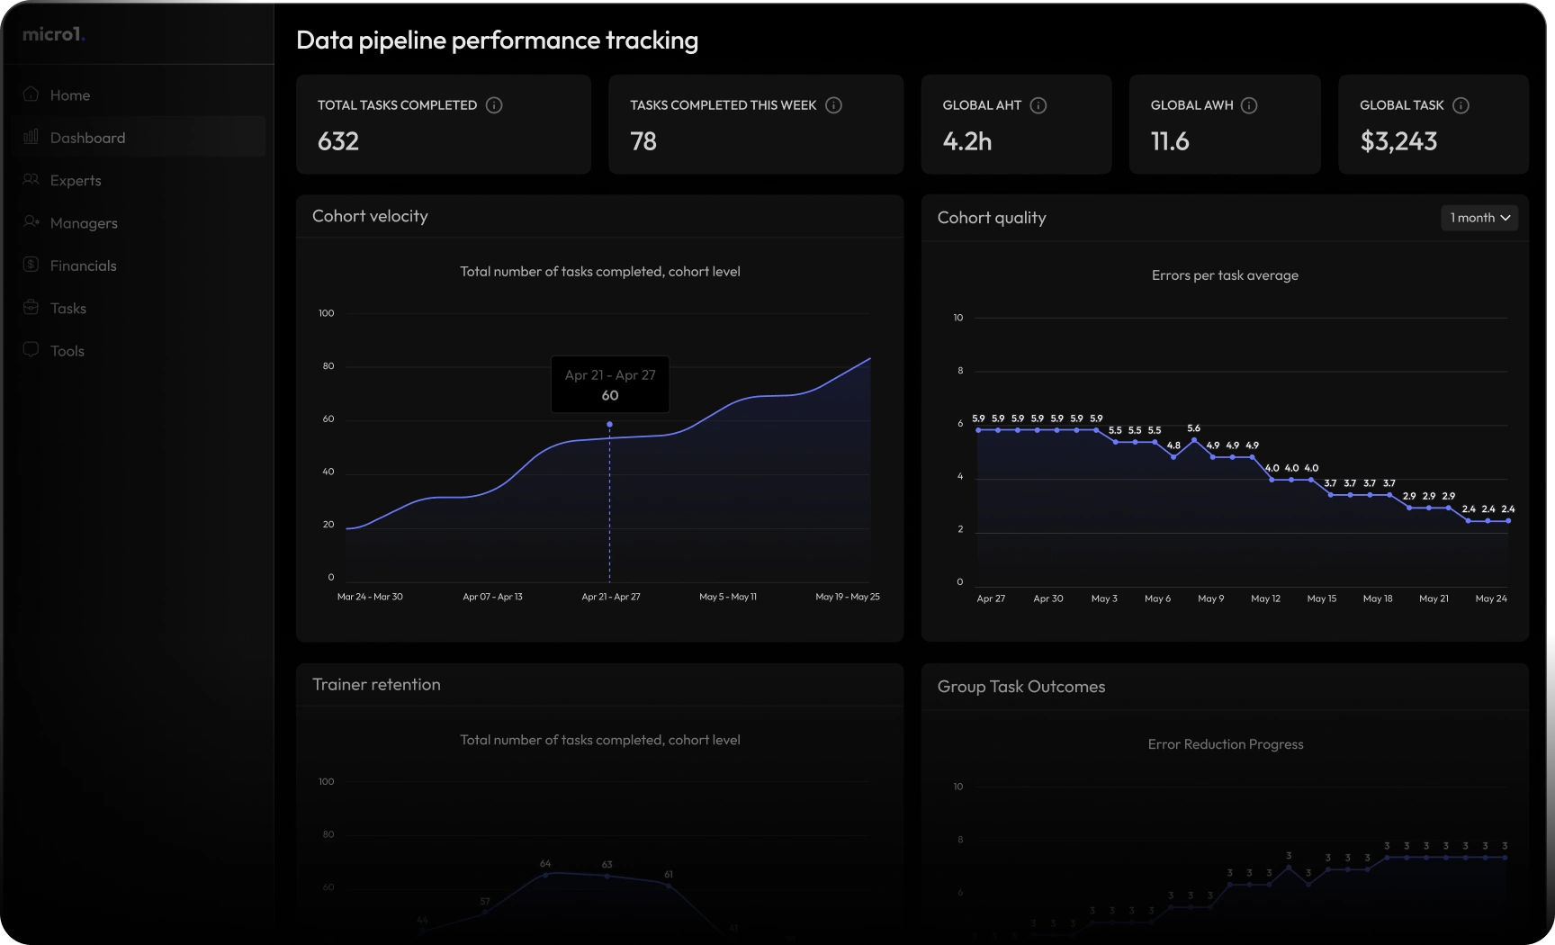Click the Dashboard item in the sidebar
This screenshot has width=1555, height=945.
click(x=87, y=138)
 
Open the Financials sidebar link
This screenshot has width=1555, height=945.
click(x=83, y=265)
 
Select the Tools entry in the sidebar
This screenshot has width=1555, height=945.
click(x=67, y=351)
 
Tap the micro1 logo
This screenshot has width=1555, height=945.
click(x=53, y=34)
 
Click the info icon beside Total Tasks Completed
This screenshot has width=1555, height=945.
click(x=494, y=105)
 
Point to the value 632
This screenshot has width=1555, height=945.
click(x=338, y=141)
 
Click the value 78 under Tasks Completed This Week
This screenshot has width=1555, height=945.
click(x=643, y=141)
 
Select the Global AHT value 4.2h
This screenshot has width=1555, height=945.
click(x=967, y=141)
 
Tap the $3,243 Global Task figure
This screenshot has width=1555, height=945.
click(x=1398, y=141)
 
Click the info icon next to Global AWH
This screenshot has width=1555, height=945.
click(x=1249, y=105)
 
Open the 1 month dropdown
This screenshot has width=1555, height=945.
click(x=1479, y=218)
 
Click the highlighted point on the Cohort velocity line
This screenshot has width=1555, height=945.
click(x=609, y=424)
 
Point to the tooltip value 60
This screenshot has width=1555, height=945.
click(x=610, y=395)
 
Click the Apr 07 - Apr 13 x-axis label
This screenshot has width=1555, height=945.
click(x=492, y=597)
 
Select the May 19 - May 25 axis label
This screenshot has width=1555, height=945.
click(x=847, y=597)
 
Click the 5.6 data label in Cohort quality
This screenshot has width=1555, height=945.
click(x=1193, y=428)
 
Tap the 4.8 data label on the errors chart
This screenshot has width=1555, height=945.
click(x=1173, y=445)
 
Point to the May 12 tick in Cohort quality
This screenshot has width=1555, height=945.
click(x=1265, y=598)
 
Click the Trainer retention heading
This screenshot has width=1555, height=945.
click(x=376, y=685)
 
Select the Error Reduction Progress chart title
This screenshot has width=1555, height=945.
click(x=1225, y=744)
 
